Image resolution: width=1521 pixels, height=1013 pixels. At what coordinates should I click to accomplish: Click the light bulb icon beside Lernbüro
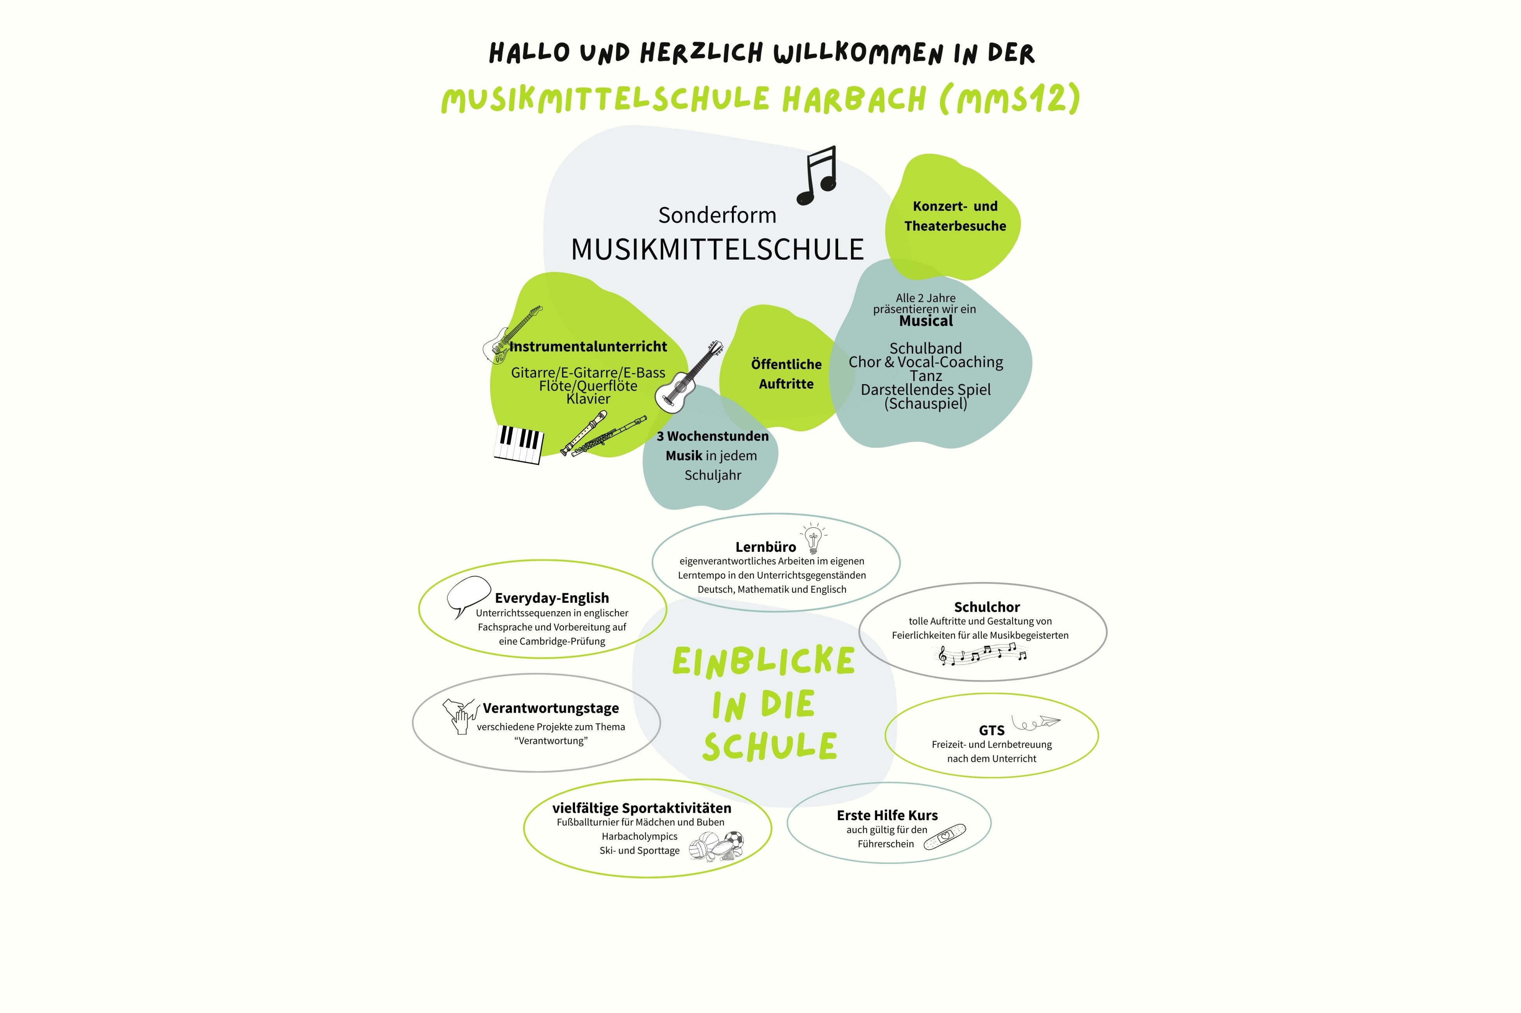pos(813,538)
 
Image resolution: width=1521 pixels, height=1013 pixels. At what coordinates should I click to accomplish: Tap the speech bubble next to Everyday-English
pos(468,595)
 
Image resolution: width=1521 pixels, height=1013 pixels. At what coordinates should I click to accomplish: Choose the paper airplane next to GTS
pos(1036,722)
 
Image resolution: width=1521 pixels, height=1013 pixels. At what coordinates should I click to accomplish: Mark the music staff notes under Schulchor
pos(982,655)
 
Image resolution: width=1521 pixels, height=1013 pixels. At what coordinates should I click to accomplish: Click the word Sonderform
pos(717,215)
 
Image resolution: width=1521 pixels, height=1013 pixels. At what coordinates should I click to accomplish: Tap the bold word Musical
pos(926,321)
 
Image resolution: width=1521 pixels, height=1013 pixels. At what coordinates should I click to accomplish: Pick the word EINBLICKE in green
pos(764,662)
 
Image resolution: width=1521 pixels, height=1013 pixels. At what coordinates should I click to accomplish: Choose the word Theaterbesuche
pos(955,226)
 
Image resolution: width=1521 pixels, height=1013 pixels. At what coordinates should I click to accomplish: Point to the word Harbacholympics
pos(639,836)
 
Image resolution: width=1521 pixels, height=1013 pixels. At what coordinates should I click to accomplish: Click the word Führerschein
pos(885,844)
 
